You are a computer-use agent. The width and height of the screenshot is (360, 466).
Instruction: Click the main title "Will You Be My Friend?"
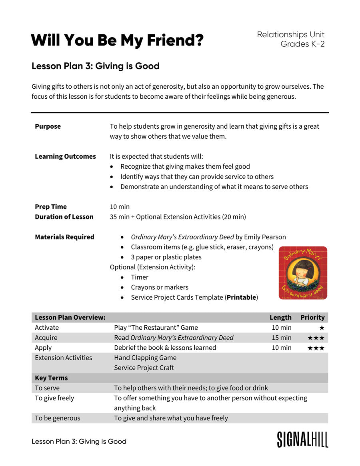click(x=117, y=40)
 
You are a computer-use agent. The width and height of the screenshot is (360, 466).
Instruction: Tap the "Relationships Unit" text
click(x=290, y=35)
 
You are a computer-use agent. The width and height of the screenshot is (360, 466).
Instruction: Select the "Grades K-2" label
click(x=302, y=44)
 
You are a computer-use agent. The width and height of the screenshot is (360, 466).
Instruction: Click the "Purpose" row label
click(x=48, y=126)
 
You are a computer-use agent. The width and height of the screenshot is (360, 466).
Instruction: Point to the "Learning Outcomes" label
click(x=65, y=156)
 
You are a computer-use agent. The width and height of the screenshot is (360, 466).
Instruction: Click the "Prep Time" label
click(x=51, y=207)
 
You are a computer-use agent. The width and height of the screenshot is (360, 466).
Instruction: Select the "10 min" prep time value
click(x=120, y=207)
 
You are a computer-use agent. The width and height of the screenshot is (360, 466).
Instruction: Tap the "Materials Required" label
click(x=64, y=237)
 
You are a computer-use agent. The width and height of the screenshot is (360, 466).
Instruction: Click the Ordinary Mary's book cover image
click(x=303, y=273)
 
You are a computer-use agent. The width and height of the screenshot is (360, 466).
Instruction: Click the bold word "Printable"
click(x=241, y=297)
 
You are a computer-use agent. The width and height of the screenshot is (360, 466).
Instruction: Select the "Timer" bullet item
click(x=140, y=277)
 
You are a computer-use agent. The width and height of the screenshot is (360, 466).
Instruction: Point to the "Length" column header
click(x=280, y=317)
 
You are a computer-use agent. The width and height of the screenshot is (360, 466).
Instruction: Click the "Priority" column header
click(x=312, y=317)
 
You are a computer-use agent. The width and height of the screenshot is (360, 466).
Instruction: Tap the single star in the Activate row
click(x=322, y=328)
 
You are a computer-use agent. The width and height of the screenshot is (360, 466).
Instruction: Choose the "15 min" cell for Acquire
click(x=282, y=338)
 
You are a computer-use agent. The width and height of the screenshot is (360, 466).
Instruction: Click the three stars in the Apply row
click(x=316, y=348)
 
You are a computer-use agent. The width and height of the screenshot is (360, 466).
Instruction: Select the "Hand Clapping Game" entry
click(x=145, y=358)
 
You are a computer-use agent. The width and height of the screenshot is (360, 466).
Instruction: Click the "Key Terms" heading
click(x=51, y=378)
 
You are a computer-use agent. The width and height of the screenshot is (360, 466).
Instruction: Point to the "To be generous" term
click(x=57, y=418)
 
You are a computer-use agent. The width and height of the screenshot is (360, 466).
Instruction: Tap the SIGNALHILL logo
click(x=302, y=439)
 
